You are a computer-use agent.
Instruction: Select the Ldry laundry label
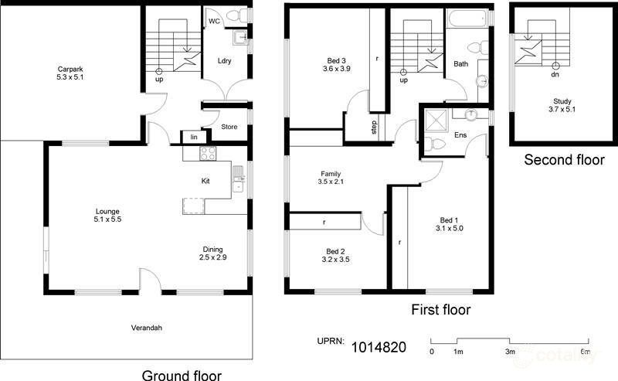tap(226, 61)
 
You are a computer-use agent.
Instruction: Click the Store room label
tap(229, 127)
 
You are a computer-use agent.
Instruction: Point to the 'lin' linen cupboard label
tap(193, 138)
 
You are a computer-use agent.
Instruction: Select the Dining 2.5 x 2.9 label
tap(212, 253)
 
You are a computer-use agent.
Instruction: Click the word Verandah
tap(146, 328)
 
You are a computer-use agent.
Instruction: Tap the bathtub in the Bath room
tap(468, 19)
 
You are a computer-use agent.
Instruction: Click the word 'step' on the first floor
tap(375, 127)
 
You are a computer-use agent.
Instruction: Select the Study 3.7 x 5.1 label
tap(563, 105)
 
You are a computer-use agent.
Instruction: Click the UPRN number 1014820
tap(379, 347)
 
